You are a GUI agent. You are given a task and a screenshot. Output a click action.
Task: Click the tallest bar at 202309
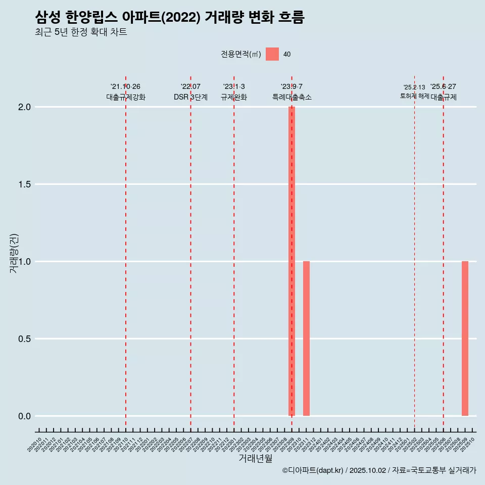[292, 261]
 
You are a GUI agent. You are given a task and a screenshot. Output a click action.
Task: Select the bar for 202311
[306, 338]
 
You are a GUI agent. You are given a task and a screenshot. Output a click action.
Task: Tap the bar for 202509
[465, 338]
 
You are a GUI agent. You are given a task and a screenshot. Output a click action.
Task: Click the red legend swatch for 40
[272, 54]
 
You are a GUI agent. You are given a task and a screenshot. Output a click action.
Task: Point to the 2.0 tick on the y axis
[25, 107]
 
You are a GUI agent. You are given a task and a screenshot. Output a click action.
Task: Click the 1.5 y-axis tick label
[25, 184]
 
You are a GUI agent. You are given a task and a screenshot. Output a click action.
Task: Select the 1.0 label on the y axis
[25, 262]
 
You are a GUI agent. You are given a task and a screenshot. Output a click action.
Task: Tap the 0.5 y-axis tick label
[25, 339]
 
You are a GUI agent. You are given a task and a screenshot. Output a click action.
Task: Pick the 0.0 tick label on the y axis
[25, 416]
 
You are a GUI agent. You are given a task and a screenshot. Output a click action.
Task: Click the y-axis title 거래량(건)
[14, 253]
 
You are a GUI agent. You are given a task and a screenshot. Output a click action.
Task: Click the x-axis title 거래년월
[255, 458]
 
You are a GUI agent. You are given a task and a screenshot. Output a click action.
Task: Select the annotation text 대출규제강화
[126, 97]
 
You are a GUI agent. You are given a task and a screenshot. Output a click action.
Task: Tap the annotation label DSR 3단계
[190, 97]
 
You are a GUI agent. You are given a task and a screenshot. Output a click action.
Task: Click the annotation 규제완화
[234, 97]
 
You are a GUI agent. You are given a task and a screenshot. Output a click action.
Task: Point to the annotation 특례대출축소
[292, 97]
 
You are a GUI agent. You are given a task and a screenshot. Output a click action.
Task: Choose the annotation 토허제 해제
[414, 95]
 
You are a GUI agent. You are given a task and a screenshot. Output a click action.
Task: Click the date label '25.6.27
[443, 86]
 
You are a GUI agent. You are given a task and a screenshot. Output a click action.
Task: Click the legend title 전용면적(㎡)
[241, 54]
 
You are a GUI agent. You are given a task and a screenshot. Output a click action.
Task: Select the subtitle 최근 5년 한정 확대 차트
[81, 32]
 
